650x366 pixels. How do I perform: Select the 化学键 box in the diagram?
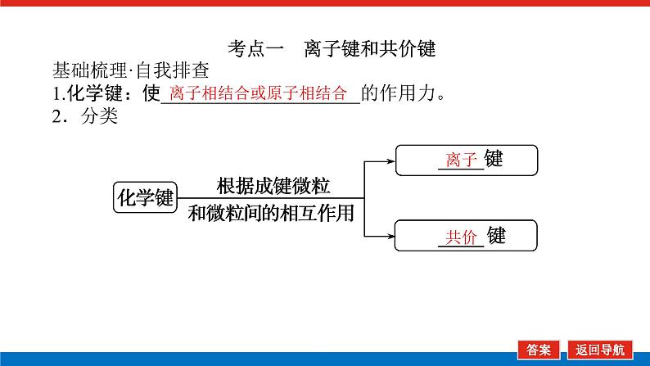point(145,198)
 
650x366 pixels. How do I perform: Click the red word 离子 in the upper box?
point(461,160)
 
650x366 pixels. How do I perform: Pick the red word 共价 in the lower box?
point(461,237)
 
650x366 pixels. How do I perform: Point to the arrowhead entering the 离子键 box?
point(390,160)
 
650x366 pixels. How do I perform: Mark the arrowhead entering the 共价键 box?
point(390,237)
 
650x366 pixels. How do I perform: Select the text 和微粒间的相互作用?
point(271,214)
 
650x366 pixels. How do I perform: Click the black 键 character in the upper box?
point(494,159)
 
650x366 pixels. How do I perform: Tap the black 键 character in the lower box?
point(496,237)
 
